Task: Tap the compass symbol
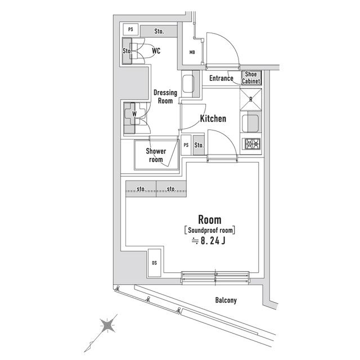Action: (107, 326)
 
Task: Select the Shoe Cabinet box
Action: (251, 78)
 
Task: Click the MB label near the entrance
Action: (192, 53)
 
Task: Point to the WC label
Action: (156, 51)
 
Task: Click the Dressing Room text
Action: (165, 97)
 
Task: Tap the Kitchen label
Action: (213, 119)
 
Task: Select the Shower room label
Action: (156, 155)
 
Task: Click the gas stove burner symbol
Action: (251, 145)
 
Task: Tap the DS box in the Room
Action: (154, 262)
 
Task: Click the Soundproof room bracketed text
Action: (209, 230)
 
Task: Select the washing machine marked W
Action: (134, 114)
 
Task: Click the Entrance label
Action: (221, 78)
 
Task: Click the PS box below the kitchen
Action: (186, 145)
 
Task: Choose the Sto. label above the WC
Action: (159, 30)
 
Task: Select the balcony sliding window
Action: (215, 276)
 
